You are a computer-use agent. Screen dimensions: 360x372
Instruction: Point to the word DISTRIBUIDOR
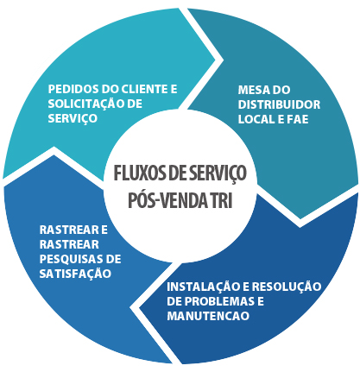tap(279, 104)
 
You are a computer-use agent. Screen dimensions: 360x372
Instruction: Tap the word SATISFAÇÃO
tap(75, 273)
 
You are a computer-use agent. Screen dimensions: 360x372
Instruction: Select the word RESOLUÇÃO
tap(287, 287)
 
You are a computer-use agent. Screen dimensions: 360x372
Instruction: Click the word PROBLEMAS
tap(219, 301)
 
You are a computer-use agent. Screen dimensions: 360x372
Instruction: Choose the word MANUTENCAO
tap(208, 316)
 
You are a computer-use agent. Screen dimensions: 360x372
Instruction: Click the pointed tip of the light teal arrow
tap(215, 60)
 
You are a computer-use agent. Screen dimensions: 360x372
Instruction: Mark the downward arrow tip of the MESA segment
tap(300, 218)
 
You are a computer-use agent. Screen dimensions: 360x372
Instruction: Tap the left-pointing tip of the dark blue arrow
tap(140, 308)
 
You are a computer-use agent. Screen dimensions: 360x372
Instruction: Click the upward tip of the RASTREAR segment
tap(54, 155)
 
